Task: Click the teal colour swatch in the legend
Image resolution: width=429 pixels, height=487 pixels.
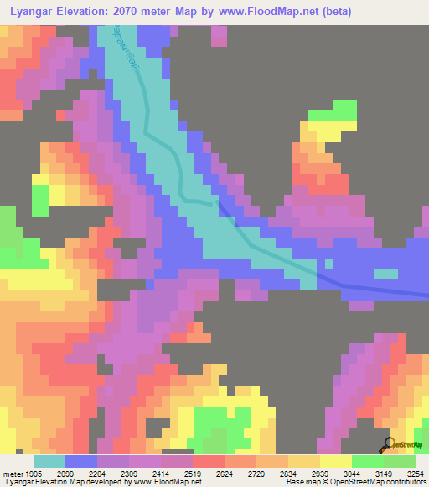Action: pyautogui.click(x=49, y=461)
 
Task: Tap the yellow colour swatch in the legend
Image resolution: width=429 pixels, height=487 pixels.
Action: pyautogui.click(x=335, y=461)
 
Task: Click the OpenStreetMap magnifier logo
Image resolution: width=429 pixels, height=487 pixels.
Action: pyautogui.click(x=389, y=443)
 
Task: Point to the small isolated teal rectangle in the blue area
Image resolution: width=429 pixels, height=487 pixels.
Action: pyautogui.click(x=385, y=274)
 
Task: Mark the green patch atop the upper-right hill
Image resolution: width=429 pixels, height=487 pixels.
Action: pyautogui.click(x=336, y=112)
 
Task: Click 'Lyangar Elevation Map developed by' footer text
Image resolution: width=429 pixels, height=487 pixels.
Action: pyautogui.click(x=67, y=483)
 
